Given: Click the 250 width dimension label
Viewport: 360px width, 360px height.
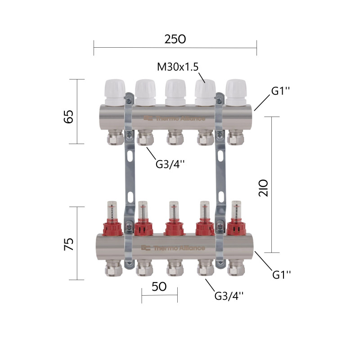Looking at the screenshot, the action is (175, 39).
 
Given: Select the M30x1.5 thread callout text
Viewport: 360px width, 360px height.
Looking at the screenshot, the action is (178, 67).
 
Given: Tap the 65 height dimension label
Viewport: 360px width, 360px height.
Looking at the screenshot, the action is (68, 117).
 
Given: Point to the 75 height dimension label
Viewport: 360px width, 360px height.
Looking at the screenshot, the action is (68, 244).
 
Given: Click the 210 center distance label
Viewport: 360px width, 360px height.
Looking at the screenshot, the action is (263, 188).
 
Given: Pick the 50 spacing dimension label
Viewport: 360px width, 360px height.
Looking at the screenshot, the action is (159, 287).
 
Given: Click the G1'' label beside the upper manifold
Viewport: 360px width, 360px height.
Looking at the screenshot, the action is (280, 91).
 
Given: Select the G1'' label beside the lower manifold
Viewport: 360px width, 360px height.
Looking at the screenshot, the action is (282, 274).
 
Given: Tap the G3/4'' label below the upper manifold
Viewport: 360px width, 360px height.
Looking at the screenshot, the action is (170, 164).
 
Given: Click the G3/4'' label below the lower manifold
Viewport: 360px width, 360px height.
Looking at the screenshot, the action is (229, 296).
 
